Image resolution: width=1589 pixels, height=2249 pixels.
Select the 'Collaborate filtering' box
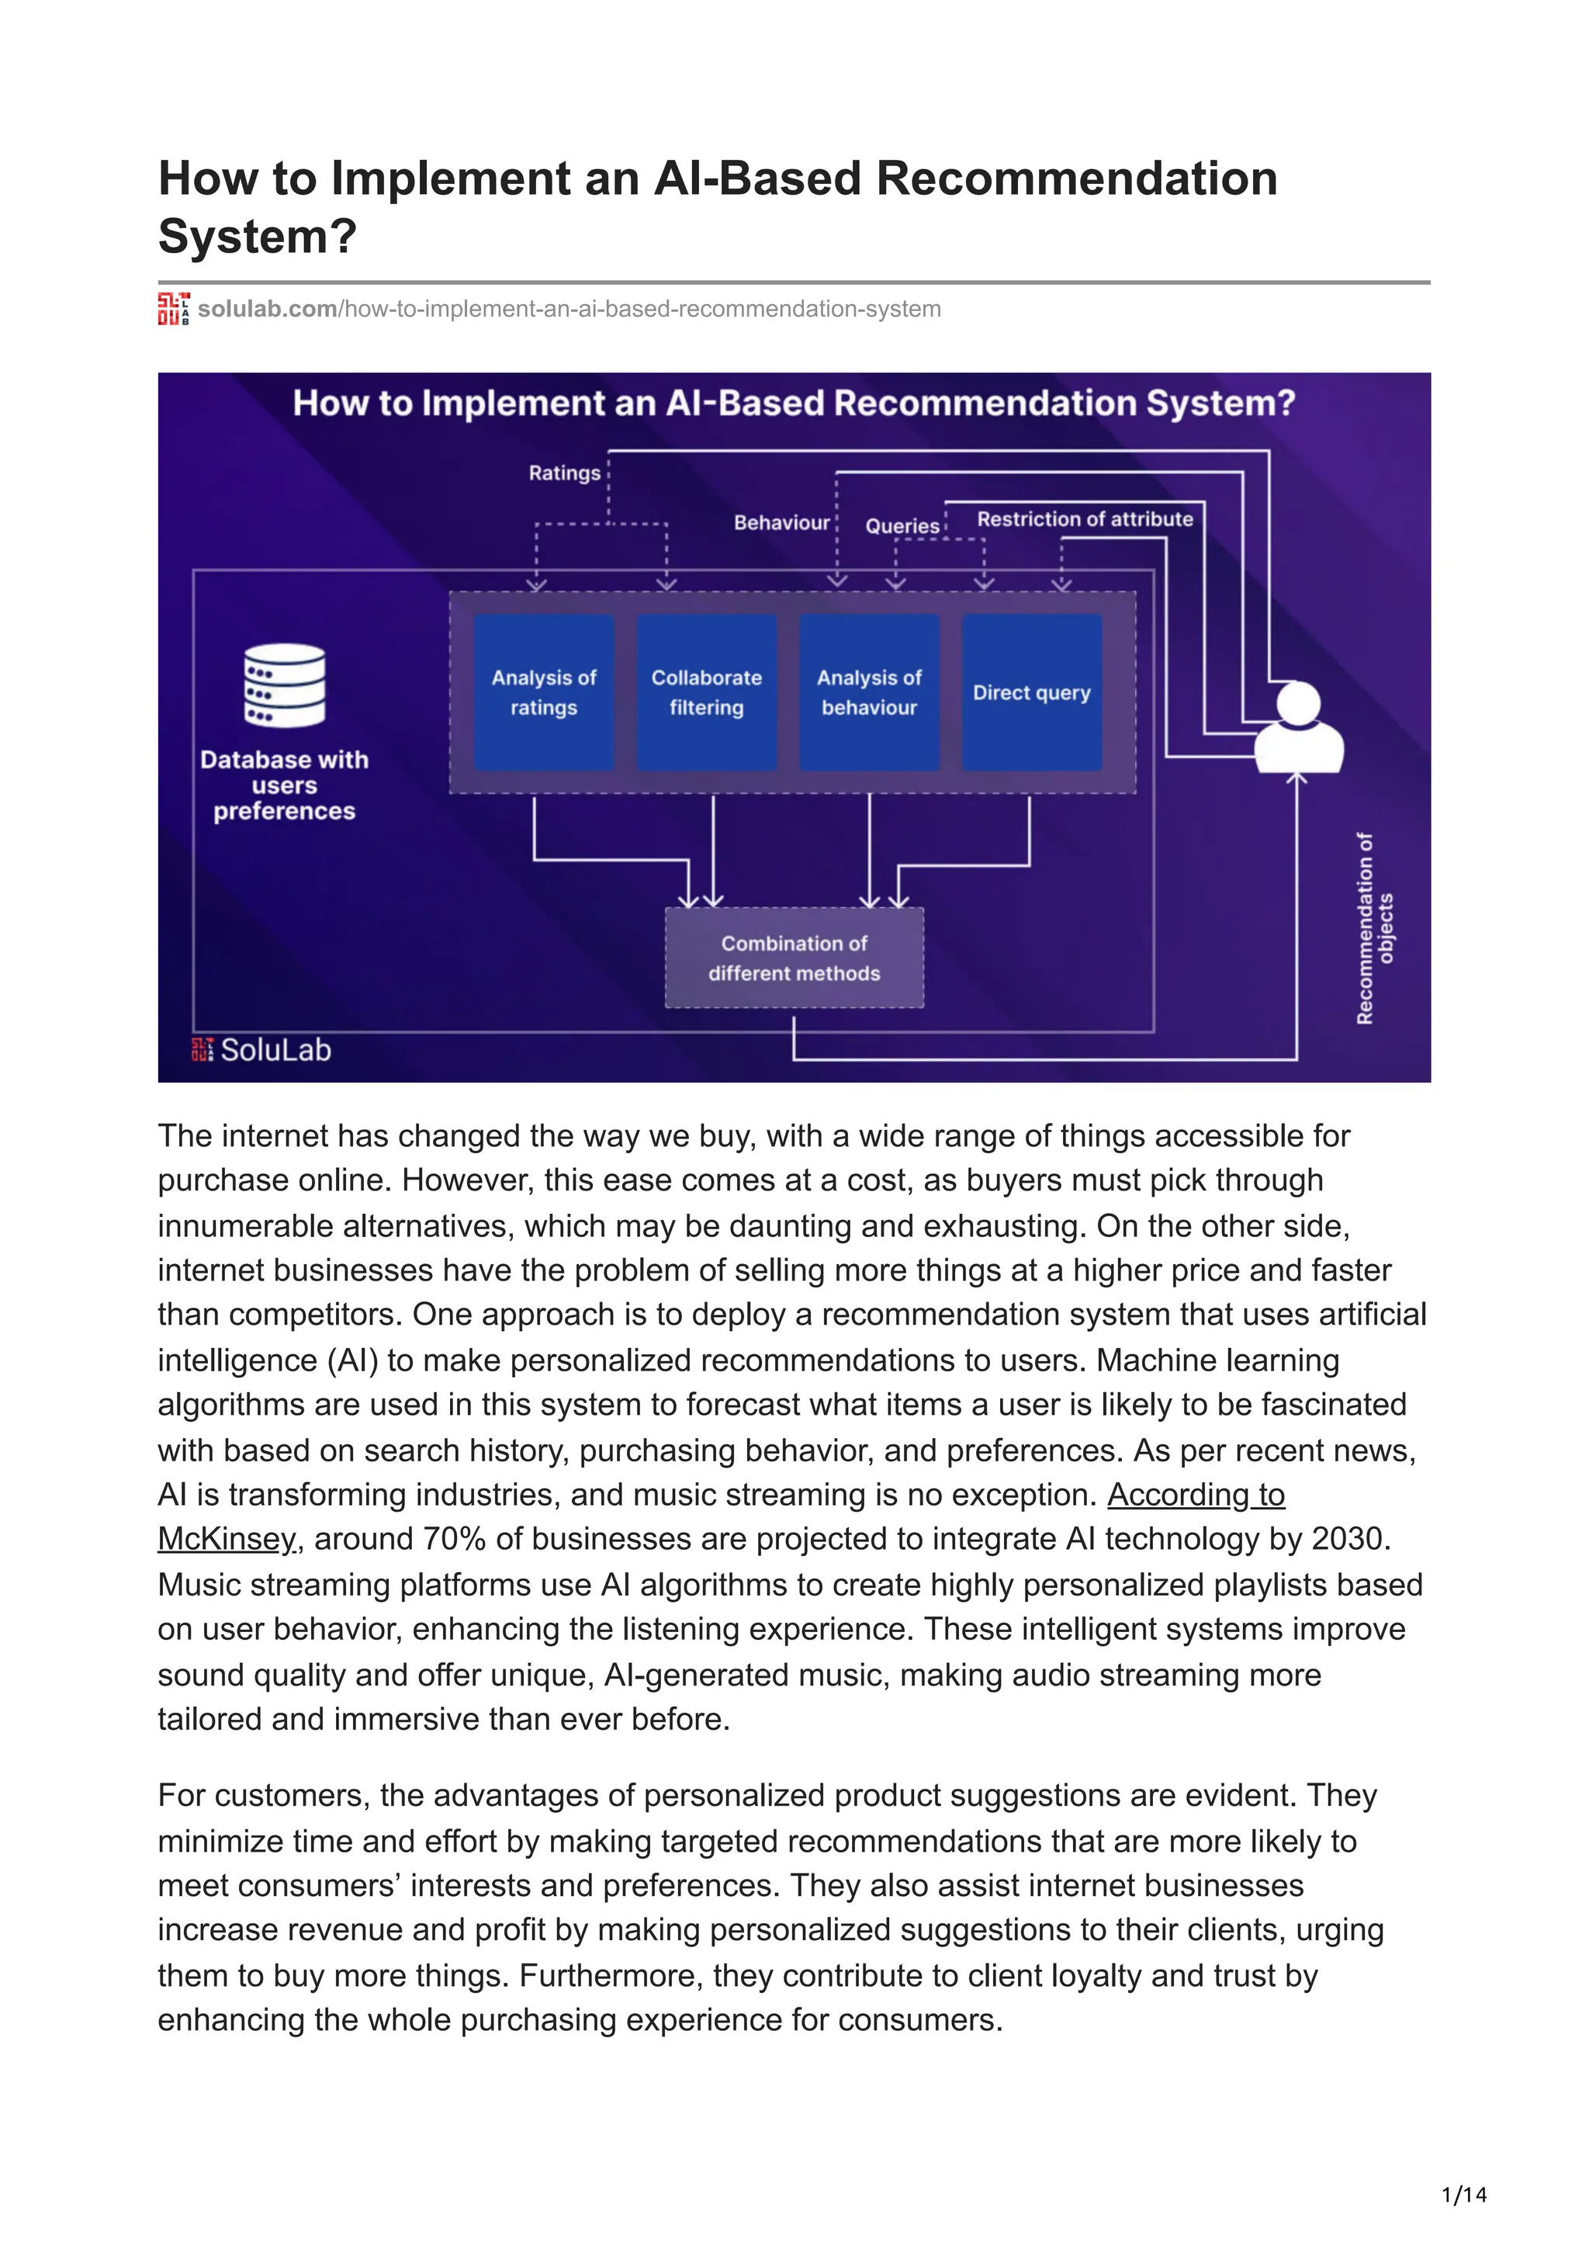point(706,691)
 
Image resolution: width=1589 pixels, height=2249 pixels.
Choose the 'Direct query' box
point(1031,691)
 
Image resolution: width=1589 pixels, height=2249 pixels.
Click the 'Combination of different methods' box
point(794,958)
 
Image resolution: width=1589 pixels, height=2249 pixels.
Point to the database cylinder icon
point(284,686)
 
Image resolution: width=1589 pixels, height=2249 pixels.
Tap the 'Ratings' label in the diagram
point(564,473)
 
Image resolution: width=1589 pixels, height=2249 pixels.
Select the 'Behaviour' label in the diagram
point(781,523)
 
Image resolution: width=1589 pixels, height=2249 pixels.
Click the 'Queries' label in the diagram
point(902,526)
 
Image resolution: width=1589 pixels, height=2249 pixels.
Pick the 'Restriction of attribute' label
point(1085,519)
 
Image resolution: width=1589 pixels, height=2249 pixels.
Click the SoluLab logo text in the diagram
point(275,1050)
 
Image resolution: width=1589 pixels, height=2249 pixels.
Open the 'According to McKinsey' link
point(1196,1495)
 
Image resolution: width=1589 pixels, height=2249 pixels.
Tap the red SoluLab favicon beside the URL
point(173,309)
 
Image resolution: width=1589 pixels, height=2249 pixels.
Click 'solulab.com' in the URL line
point(267,309)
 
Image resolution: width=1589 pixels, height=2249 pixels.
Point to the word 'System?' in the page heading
point(258,236)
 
